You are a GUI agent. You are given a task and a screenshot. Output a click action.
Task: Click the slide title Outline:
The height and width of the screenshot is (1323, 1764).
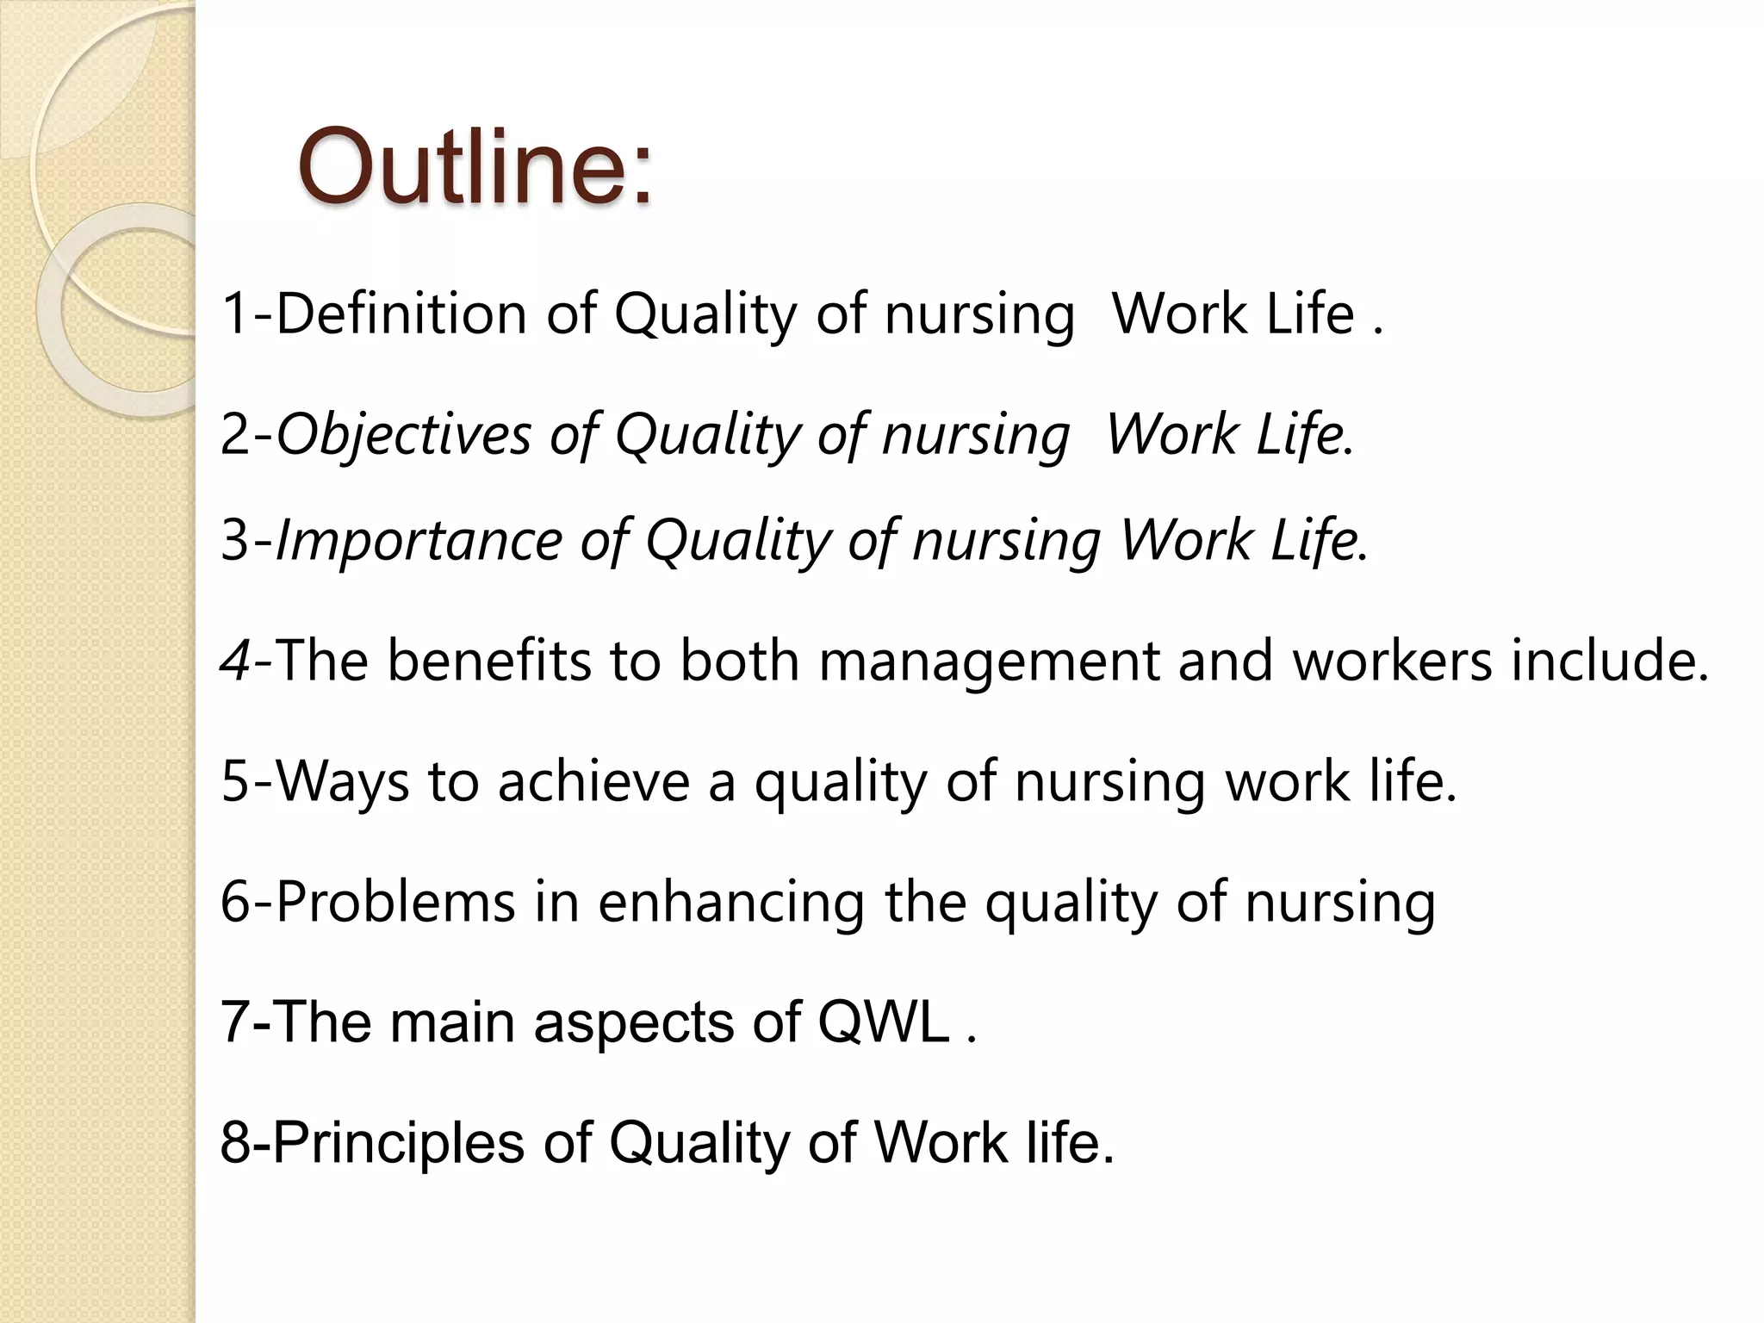475,165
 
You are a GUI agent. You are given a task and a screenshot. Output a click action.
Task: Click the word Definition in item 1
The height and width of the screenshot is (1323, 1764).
401,314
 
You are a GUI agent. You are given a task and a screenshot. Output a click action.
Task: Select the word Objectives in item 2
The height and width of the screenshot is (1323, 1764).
403,434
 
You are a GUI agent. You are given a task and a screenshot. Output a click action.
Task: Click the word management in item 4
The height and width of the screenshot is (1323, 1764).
988,661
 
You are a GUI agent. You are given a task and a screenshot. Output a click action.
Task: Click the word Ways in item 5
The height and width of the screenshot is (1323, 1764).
343,782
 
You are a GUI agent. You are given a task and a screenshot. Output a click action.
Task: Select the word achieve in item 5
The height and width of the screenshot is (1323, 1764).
593,782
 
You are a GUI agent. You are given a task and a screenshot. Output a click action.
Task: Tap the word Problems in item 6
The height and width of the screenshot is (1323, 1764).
395,903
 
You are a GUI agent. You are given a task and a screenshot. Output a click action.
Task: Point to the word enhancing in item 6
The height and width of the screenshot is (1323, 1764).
731,903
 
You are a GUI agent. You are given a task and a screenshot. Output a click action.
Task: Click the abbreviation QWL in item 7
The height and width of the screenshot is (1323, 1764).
884,1022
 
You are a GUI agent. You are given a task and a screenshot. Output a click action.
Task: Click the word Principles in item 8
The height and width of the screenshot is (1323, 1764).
398,1143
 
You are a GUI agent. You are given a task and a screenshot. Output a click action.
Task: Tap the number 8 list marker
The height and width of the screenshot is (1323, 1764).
235,1143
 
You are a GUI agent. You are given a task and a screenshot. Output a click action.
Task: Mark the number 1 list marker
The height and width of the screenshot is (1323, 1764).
235,314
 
